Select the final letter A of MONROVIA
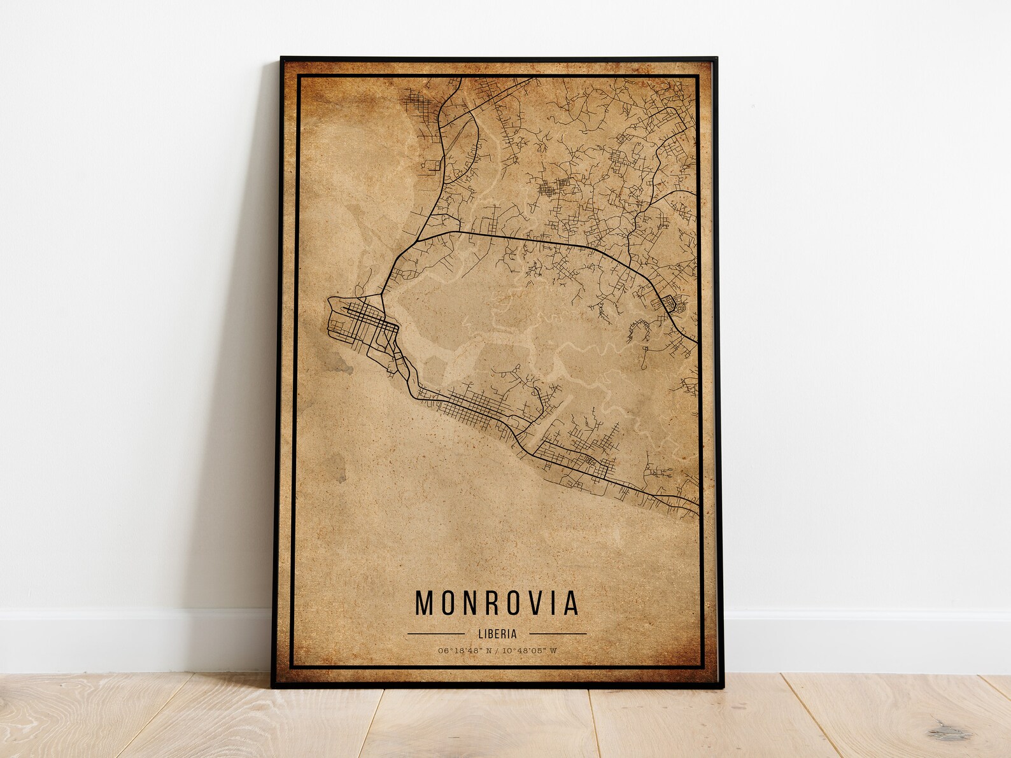570,603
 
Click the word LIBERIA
497,634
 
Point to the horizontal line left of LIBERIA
435,634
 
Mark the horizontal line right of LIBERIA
558,634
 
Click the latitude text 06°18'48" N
466,650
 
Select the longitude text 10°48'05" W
530,650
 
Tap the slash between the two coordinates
498,650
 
